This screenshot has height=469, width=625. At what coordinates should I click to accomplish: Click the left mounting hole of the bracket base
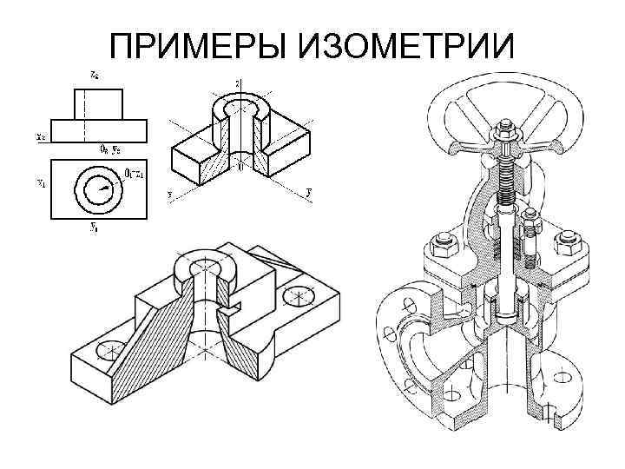109,351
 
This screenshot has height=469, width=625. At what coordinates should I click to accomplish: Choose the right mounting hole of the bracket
300,294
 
